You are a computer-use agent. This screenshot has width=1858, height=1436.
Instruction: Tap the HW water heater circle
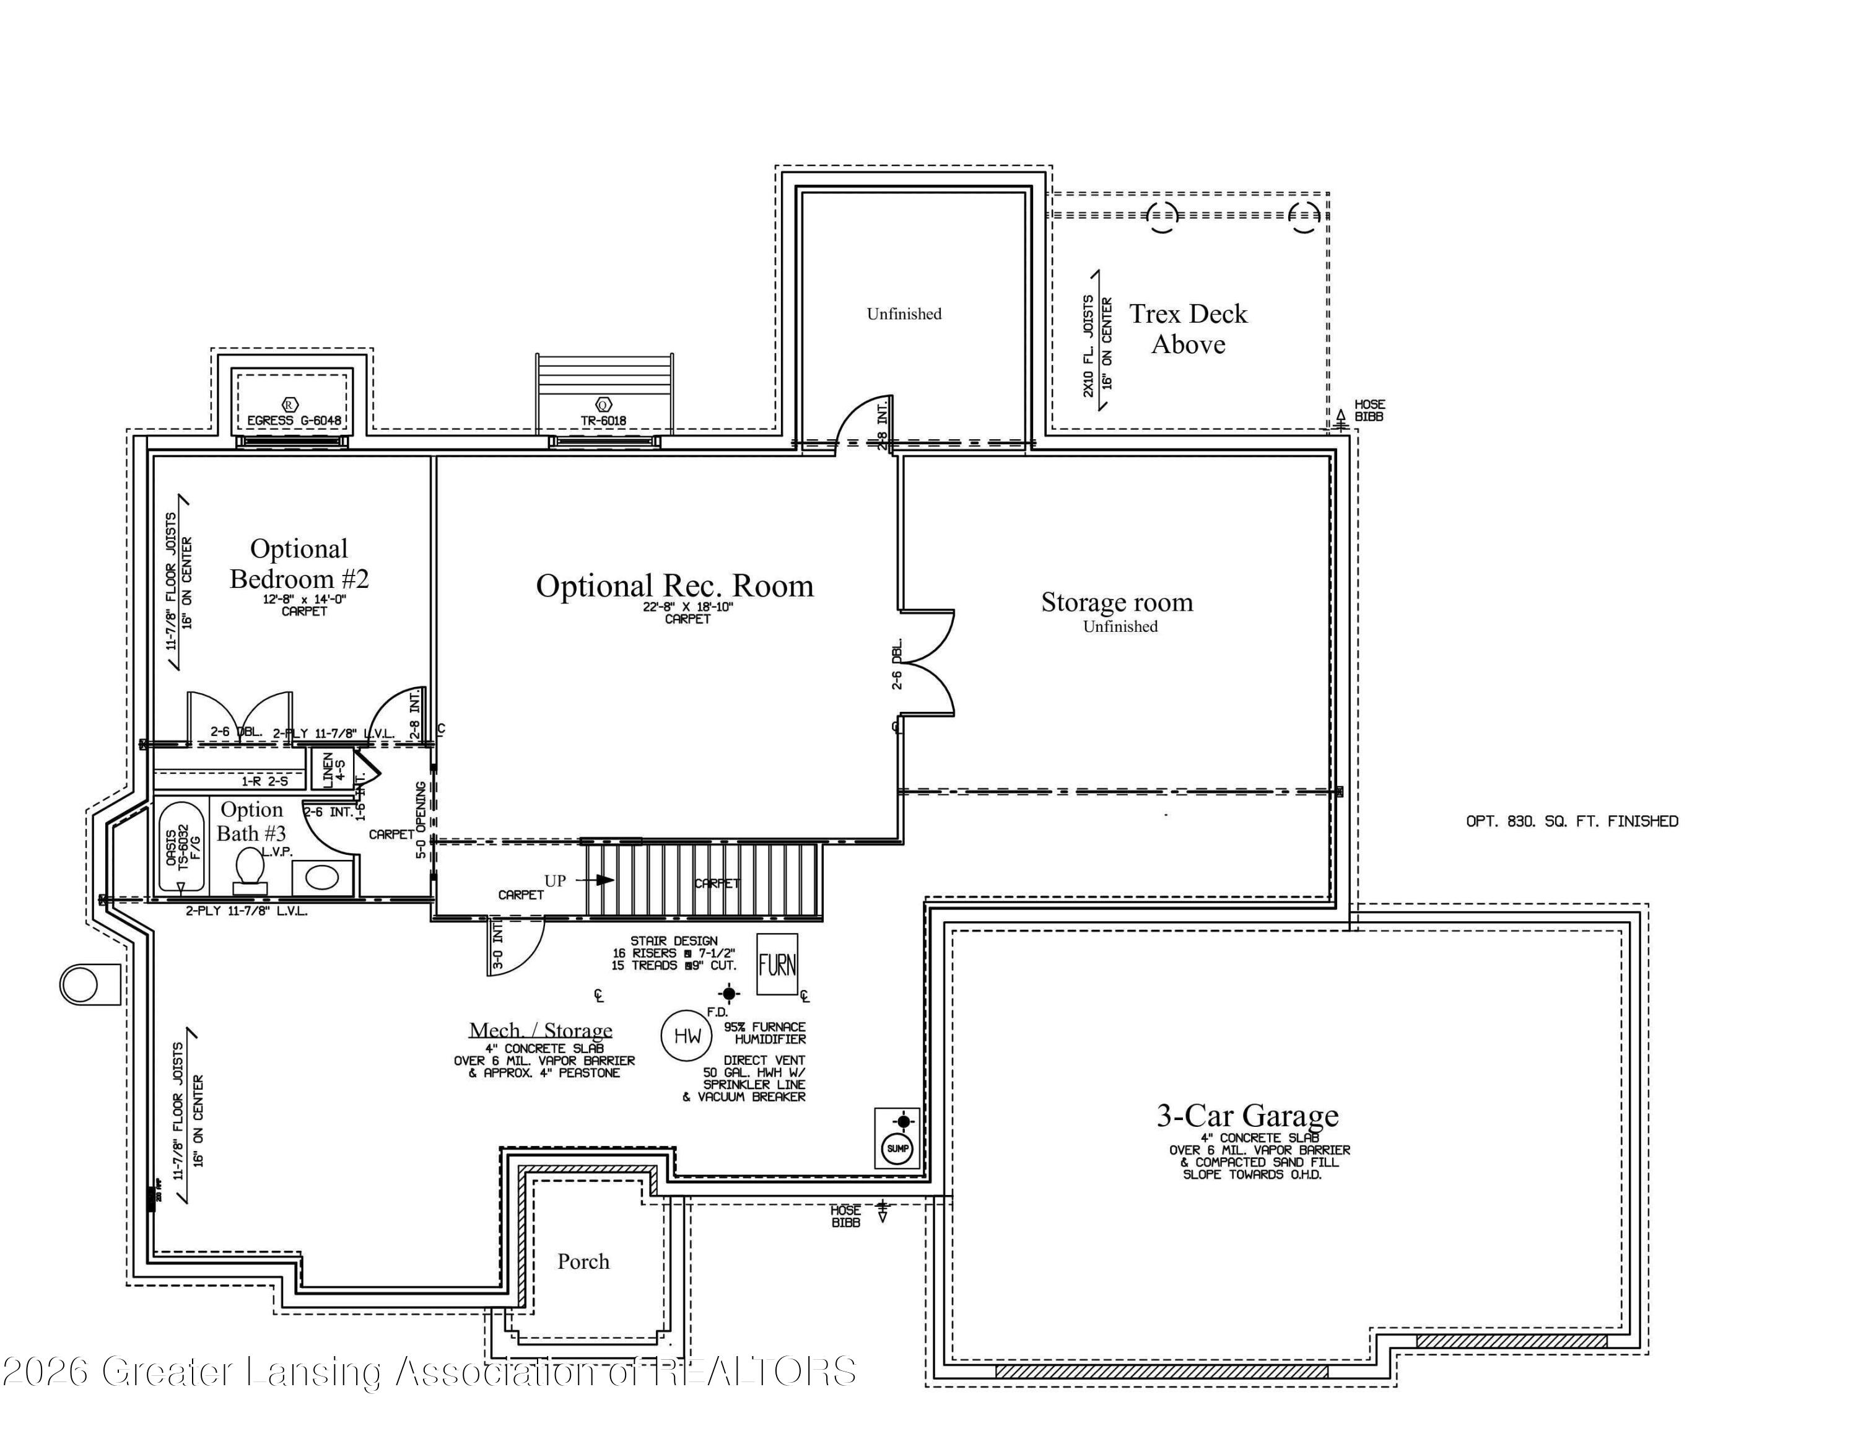[x=687, y=1035]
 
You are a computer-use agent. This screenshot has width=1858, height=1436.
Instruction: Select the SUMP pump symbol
[x=897, y=1147]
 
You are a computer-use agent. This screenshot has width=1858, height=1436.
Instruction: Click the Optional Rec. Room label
[x=674, y=586]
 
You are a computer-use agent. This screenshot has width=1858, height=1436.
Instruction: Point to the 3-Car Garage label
[x=1247, y=1115]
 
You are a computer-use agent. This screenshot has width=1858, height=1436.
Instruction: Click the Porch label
[x=583, y=1261]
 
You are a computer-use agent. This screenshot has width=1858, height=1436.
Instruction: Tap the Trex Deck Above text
[x=1188, y=329]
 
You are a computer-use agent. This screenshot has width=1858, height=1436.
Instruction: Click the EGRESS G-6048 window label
[x=294, y=420]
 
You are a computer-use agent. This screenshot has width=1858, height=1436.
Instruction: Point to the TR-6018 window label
[x=603, y=420]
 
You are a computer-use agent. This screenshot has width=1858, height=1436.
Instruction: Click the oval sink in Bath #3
[x=321, y=876]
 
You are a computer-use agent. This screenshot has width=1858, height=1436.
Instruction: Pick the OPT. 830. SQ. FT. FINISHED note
[x=1571, y=821]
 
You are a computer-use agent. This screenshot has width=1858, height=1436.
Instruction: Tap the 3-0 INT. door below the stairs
[x=515, y=948]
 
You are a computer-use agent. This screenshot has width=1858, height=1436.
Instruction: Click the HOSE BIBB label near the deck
[x=1369, y=410]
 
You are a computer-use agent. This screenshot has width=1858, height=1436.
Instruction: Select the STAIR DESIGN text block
[x=674, y=953]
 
